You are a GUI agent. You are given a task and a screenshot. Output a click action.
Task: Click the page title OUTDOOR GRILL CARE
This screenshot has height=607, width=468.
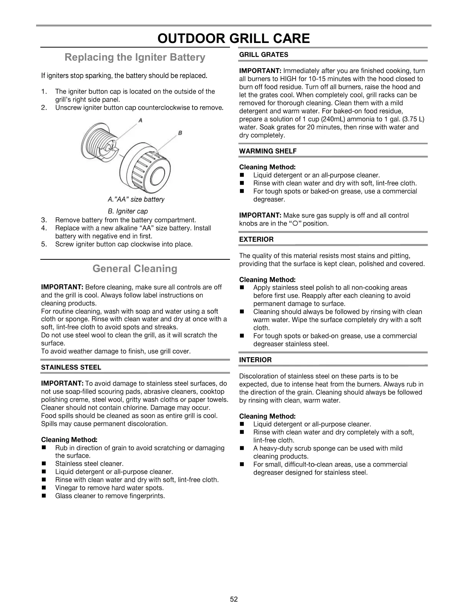[x=233, y=38]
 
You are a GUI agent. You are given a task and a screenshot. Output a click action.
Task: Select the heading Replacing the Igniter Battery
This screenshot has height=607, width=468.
[x=135, y=58]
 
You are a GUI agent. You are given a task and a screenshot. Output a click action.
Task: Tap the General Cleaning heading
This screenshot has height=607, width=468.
[x=135, y=269]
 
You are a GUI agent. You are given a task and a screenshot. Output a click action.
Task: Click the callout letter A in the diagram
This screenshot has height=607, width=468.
[x=141, y=120]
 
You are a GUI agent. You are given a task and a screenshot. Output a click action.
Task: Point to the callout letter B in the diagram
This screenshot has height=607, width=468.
[x=180, y=133]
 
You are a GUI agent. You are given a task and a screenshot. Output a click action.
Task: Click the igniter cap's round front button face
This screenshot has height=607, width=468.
[x=159, y=177]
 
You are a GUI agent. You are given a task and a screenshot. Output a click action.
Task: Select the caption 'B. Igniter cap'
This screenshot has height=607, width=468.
[x=128, y=211]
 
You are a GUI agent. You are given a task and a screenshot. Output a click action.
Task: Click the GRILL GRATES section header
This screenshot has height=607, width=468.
[x=263, y=55]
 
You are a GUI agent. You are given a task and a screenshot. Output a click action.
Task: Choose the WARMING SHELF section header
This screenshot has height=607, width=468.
[x=268, y=151]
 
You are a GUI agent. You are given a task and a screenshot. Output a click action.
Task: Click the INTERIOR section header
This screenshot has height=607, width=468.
[x=255, y=360]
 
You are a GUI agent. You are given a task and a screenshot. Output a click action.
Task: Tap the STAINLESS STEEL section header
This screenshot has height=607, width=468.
[x=71, y=368]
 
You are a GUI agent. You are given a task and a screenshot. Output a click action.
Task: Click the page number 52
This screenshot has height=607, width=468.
[x=234, y=599]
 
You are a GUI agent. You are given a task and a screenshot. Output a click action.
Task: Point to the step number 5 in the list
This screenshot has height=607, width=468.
[x=44, y=244]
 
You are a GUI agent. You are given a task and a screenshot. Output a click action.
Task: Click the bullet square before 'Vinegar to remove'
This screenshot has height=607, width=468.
[x=44, y=488]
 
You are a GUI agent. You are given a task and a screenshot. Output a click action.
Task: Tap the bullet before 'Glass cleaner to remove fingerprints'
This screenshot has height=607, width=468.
[x=44, y=496]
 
